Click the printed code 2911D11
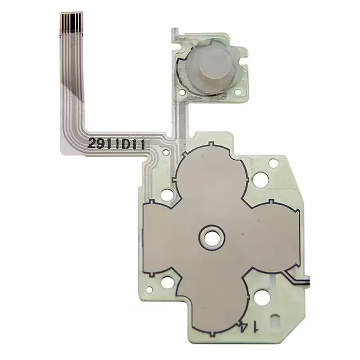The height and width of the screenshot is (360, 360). click(x=117, y=144)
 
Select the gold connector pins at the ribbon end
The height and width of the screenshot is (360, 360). click(x=72, y=22)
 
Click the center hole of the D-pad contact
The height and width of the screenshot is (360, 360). click(x=211, y=237)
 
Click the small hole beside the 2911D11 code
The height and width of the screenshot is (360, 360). click(x=165, y=152)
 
